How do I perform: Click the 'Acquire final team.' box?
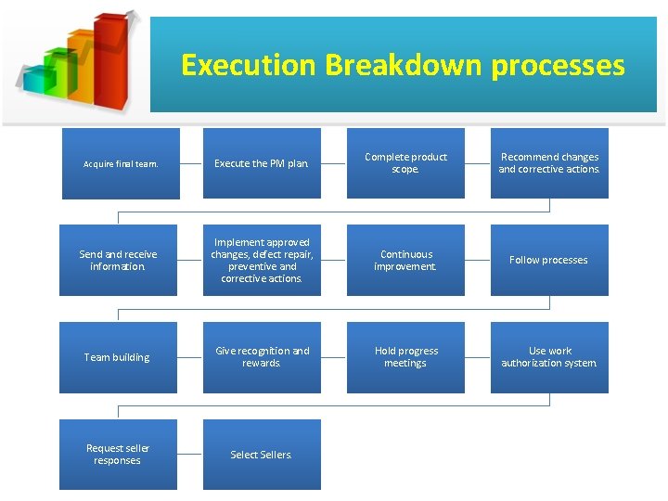pyautogui.click(x=120, y=163)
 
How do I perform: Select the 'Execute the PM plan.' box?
pyautogui.click(x=262, y=163)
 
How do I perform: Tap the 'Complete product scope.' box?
pyautogui.click(x=405, y=163)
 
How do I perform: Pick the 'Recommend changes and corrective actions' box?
pyautogui.click(x=549, y=163)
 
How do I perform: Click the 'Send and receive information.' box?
pyautogui.click(x=118, y=261)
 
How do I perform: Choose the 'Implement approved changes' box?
pyautogui.click(x=262, y=261)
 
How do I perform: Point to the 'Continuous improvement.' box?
pyautogui.click(x=405, y=261)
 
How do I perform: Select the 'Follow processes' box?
pyautogui.click(x=549, y=261)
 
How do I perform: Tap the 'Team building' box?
pyautogui.click(x=118, y=357)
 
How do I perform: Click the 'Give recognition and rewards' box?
pyautogui.click(x=262, y=357)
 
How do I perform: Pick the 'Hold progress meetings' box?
pyautogui.click(x=405, y=357)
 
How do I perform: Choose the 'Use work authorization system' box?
pyautogui.click(x=549, y=357)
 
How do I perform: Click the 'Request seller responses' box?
pyautogui.click(x=118, y=455)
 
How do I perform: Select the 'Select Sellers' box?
pyautogui.click(x=262, y=455)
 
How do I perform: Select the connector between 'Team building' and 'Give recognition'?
pyautogui.click(x=190, y=357)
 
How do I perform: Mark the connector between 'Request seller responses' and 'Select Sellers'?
pyautogui.click(x=190, y=455)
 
